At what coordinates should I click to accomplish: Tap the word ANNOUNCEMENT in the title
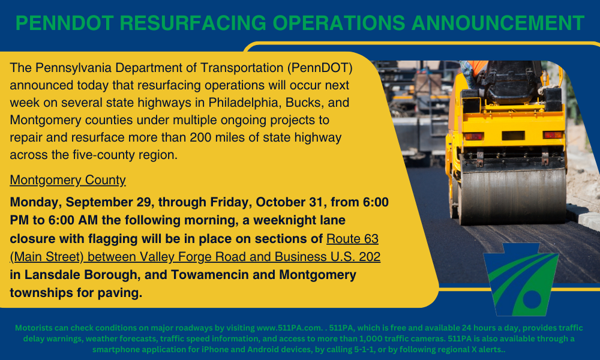coord(498,23)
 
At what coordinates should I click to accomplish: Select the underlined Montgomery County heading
coord(68,180)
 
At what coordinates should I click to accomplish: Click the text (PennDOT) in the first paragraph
coord(320,68)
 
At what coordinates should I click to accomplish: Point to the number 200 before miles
coord(200,137)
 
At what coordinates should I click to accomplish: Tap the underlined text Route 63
coord(352,239)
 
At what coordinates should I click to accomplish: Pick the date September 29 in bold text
coord(109,202)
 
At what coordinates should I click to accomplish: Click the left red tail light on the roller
coord(474,136)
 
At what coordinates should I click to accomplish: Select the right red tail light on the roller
coord(553,134)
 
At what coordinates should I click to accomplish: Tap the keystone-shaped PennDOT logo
coord(521,279)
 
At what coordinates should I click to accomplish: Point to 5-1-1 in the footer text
coord(364,350)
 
